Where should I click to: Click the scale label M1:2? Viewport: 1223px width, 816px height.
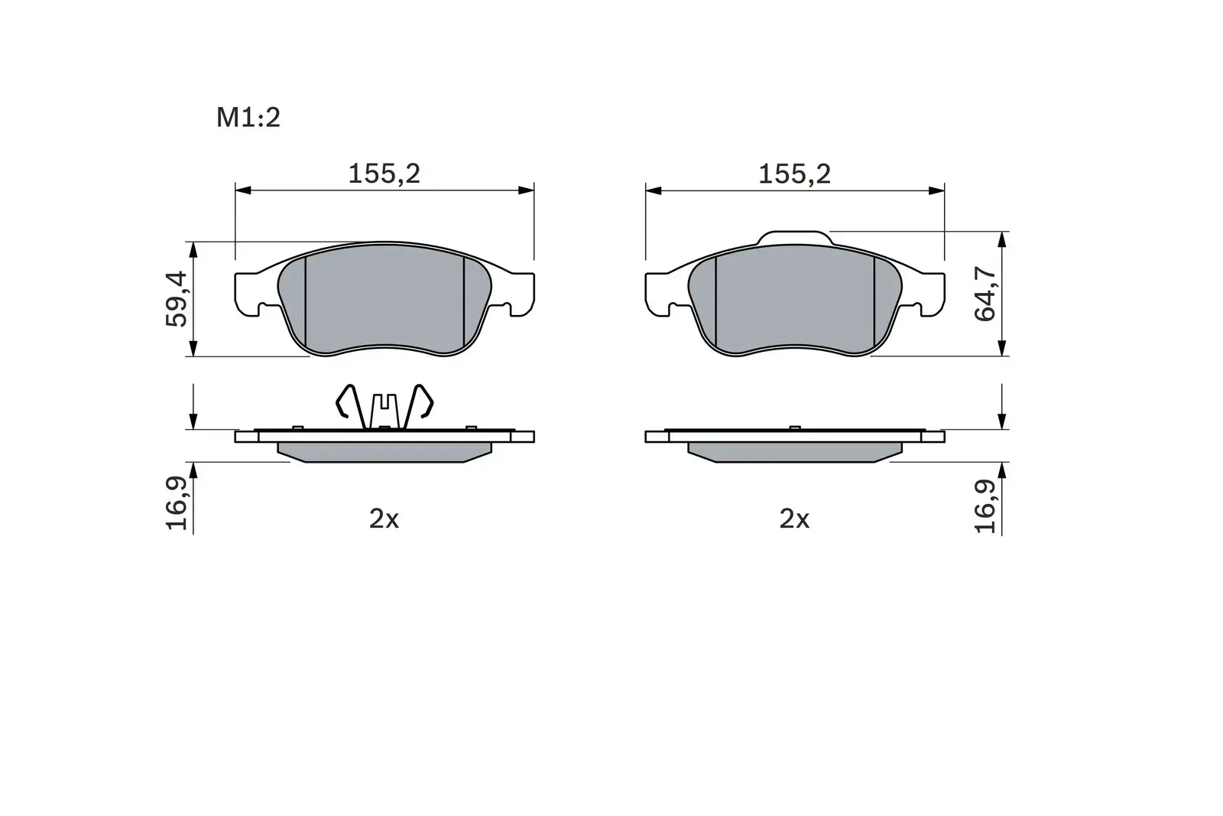click(248, 118)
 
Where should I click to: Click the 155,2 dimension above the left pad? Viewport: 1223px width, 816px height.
click(384, 174)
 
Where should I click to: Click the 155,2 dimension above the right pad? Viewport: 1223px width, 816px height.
click(793, 174)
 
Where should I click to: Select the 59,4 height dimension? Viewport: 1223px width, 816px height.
click(177, 298)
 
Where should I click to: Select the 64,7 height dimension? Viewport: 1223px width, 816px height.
click(986, 294)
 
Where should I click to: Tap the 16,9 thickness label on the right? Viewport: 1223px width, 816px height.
click(986, 506)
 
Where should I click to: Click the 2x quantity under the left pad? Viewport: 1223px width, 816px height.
click(384, 519)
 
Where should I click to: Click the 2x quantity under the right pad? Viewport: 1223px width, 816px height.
click(793, 519)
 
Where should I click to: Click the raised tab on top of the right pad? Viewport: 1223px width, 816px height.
click(793, 237)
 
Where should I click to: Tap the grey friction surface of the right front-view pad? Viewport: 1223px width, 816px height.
click(794, 303)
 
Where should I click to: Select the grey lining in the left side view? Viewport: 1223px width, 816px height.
click(384, 451)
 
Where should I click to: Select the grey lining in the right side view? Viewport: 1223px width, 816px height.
click(794, 451)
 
